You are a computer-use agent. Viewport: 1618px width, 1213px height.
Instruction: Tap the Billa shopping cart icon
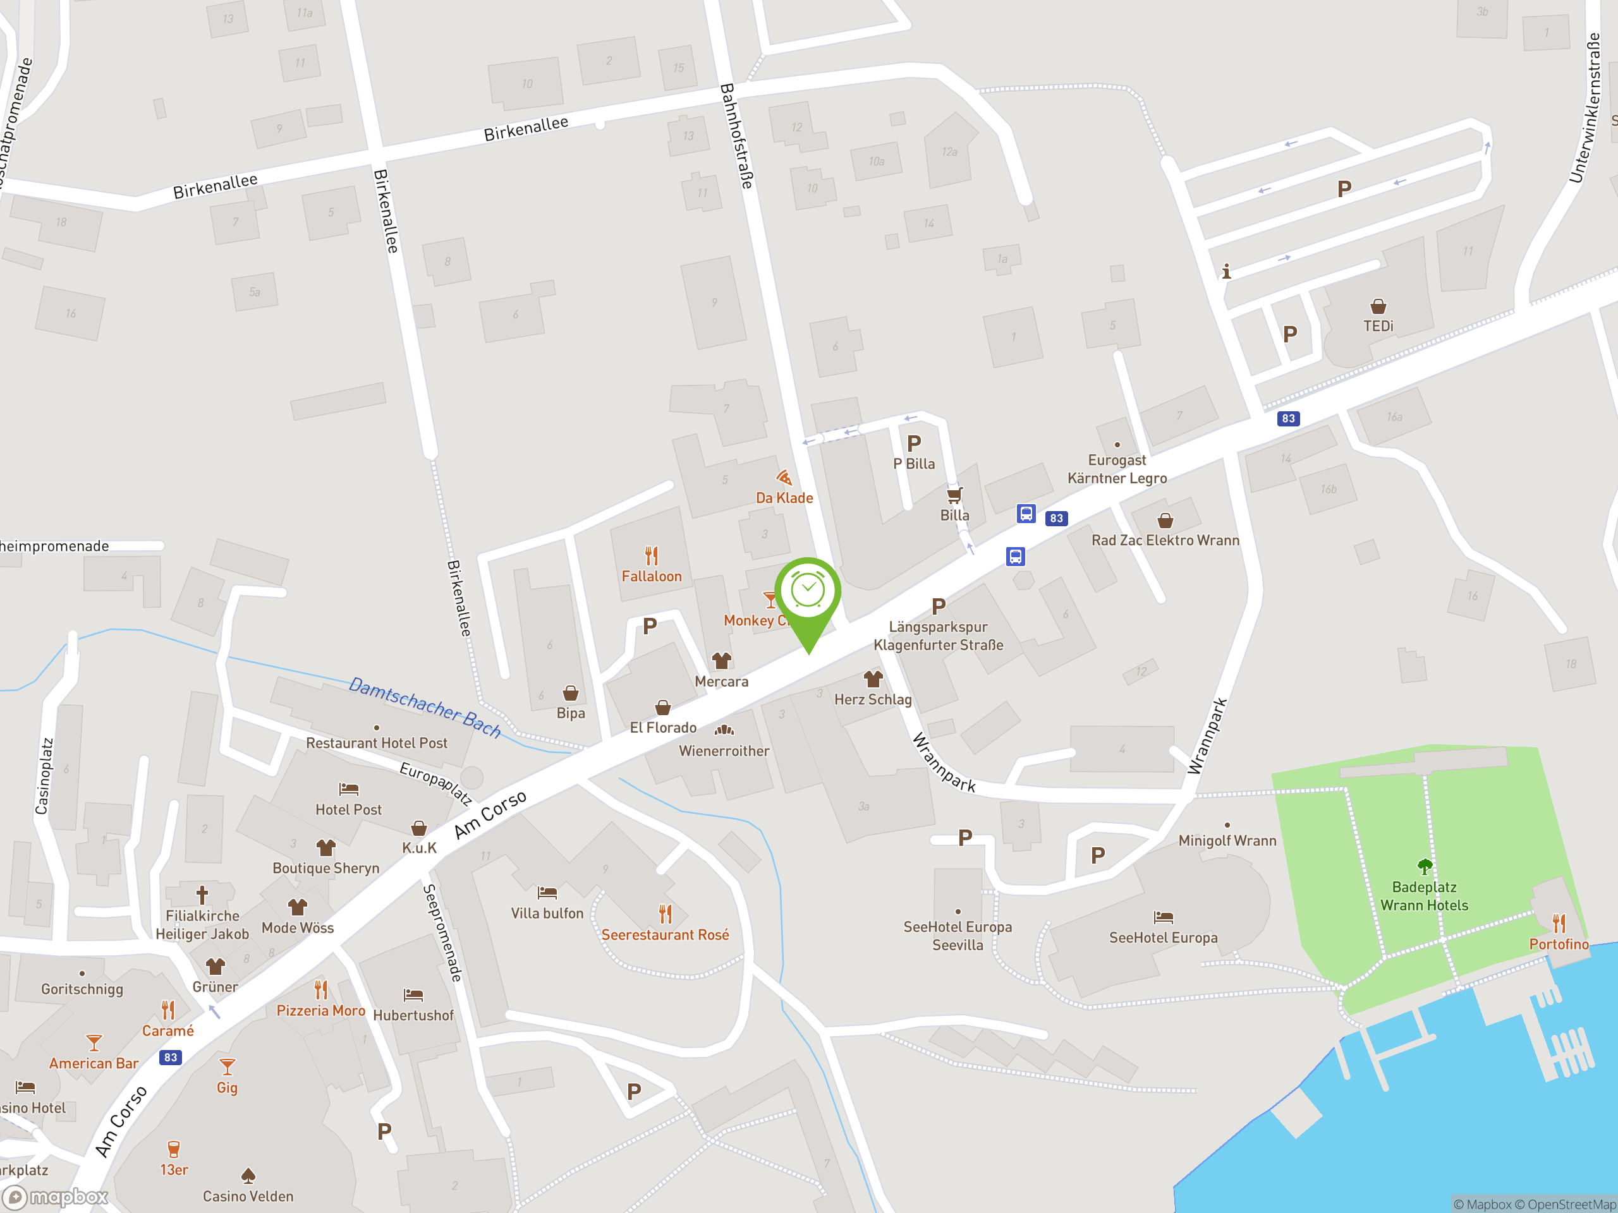point(954,495)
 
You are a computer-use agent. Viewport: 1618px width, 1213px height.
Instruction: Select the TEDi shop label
point(1378,326)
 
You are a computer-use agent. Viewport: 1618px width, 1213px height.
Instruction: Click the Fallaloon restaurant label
point(651,576)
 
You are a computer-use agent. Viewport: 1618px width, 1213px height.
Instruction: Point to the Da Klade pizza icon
point(784,478)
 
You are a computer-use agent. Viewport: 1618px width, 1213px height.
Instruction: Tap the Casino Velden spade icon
point(248,1175)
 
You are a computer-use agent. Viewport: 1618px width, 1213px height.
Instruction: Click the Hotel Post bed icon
point(349,789)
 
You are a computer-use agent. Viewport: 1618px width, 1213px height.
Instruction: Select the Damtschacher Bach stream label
point(425,707)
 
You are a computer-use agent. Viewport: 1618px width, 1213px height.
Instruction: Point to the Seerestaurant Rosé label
point(665,934)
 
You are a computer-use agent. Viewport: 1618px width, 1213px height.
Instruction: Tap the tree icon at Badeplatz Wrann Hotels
point(1424,866)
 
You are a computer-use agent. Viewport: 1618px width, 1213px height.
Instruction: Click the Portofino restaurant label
point(1559,944)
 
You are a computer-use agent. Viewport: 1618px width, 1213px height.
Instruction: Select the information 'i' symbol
point(1227,271)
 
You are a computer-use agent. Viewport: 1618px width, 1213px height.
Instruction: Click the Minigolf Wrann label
point(1227,841)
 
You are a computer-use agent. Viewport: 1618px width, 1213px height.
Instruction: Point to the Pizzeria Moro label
point(320,1010)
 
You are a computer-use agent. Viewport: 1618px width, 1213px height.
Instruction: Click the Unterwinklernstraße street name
point(1585,108)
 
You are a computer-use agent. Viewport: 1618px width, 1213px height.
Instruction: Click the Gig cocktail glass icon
point(228,1066)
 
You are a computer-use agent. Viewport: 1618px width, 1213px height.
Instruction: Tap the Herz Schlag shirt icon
point(873,679)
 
